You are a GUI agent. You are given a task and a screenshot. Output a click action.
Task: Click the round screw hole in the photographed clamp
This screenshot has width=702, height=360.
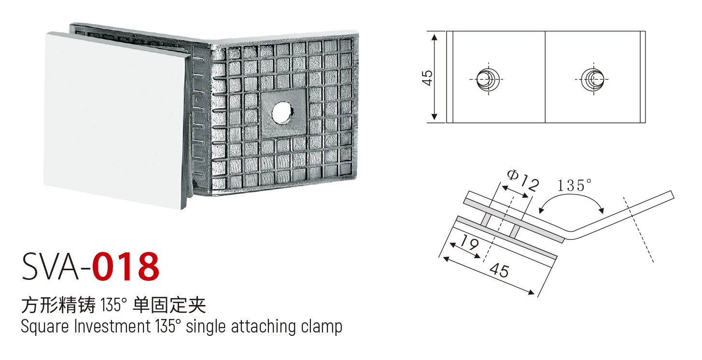click(x=282, y=112)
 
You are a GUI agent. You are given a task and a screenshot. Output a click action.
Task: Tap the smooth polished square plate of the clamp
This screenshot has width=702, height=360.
click(x=116, y=121)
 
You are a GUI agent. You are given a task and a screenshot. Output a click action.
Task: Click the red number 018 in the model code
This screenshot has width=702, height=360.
click(x=126, y=267)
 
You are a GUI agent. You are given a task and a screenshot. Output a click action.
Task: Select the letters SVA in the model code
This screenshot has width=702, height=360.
click(x=50, y=267)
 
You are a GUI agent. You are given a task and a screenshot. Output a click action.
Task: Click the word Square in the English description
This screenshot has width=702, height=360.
click(x=44, y=327)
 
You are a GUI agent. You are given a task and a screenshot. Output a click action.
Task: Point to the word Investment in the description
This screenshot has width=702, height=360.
click(x=112, y=326)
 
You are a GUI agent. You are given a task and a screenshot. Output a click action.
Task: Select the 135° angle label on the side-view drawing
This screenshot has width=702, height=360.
click(x=574, y=185)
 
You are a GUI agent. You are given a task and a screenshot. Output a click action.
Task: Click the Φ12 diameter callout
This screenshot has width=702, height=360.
click(x=523, y=180)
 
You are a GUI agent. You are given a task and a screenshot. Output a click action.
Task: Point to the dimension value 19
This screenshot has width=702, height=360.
click(x=469, y=242)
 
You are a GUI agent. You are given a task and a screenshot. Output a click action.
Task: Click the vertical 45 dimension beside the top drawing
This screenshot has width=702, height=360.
click(x=427, y=78)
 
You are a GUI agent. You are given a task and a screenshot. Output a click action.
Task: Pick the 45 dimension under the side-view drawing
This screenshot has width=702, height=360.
click(x=499, y=270)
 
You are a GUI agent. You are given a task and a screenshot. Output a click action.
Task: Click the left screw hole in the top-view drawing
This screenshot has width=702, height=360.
click(x=488, y=80)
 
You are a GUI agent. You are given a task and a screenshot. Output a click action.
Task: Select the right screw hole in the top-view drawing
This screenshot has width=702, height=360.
click(x=592, y=80)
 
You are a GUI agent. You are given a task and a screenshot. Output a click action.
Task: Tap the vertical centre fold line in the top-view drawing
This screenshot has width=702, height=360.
click(x=545, y=77)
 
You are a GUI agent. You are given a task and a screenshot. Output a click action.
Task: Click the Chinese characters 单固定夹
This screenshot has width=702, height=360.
click(x=169, y=305)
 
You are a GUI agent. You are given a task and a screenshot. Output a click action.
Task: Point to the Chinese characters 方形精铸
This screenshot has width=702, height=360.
click(x=58, y=305)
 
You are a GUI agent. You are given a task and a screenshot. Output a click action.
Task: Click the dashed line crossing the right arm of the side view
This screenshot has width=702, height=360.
click(x=638, y=229)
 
